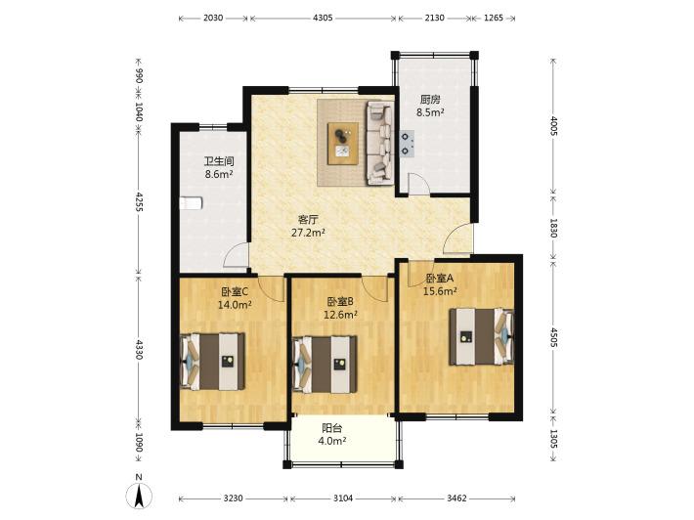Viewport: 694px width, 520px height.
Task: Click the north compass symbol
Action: tap(139, 495)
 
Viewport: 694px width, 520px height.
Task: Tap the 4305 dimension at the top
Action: tap(323, 19)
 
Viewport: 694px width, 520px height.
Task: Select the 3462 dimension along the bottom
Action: tap(456, 498)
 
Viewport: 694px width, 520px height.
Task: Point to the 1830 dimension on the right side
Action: tap(553, 228)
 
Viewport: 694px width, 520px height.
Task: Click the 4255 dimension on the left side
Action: tap(139, 201)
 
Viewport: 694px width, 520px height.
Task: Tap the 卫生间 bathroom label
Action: tap(219, 161)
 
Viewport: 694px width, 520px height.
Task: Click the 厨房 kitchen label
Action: tap(430, 100)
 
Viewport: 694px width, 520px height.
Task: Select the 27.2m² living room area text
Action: tap(309, 233)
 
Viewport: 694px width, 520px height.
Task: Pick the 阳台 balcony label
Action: tap(332, 428)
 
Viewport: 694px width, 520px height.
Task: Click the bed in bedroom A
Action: tap(482, 337)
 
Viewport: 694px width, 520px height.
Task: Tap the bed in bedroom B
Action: tap(325, 365)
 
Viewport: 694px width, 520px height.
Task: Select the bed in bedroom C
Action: tap(213, 362)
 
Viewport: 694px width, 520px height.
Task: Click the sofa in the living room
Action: tap(380, 143)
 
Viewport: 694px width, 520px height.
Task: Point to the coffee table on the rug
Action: tap(343, 144)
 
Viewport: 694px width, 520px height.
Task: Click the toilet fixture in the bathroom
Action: tap(191, 203)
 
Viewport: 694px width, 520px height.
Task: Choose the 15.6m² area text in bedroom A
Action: tap(440, 291)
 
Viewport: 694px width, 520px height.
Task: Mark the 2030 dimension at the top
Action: tap(213, 19)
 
